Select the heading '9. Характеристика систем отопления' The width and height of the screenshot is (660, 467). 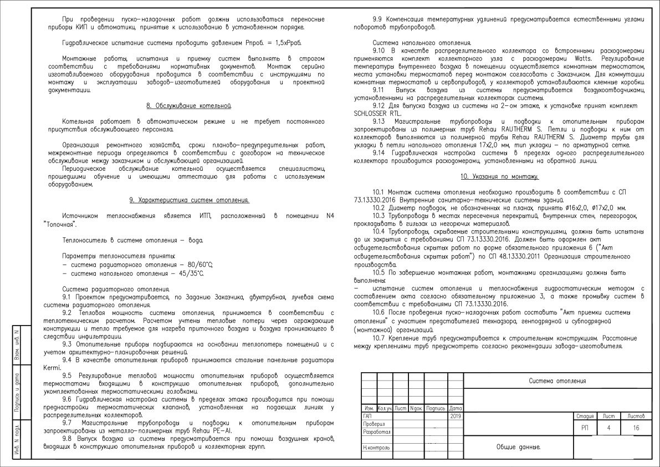(x=188, y=200)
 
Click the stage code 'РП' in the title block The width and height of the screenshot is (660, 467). (x=585, y=428)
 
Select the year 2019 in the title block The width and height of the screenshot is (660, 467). (x=456, y=415)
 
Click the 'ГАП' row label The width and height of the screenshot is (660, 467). (x=367, y=415)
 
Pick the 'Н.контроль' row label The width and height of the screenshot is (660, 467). (x=376, y=447)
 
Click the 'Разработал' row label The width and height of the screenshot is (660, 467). (x=377, y=432)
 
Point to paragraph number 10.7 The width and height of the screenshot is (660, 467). (x=379, y=337)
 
